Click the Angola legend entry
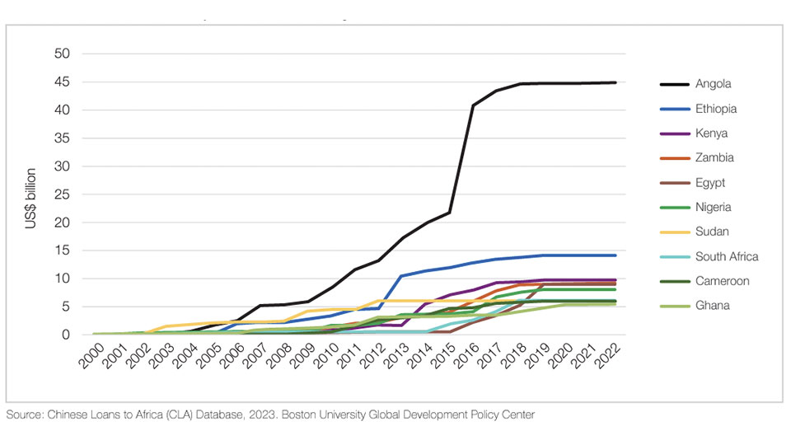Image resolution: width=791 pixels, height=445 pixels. click(x=713, y=84)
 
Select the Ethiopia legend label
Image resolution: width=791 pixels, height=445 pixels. click(x=716, y=109)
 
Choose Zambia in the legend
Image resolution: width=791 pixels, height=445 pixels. click(x=714, y=157)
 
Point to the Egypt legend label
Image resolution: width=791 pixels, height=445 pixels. click(x=710, y=183)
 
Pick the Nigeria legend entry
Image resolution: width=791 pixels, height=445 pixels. click(x=713, y=208)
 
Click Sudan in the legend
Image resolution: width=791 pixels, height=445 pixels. click(x=712, y=232)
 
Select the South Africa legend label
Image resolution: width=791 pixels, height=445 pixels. click(x=727, y=256)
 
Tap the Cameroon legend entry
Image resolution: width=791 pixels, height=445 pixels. click(x=722, y=281)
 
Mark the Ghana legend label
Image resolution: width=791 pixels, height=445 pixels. click(x=712, y=306)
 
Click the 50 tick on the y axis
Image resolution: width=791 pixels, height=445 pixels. click(x=63, y=54)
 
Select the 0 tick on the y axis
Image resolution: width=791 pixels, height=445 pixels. click(x=67, y=335)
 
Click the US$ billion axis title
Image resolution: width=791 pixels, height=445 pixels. click(x=31, y=198)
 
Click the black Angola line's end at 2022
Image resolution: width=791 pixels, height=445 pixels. click(x=615, y=82)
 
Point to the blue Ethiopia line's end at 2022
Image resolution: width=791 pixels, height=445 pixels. click(x=615, y=255)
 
